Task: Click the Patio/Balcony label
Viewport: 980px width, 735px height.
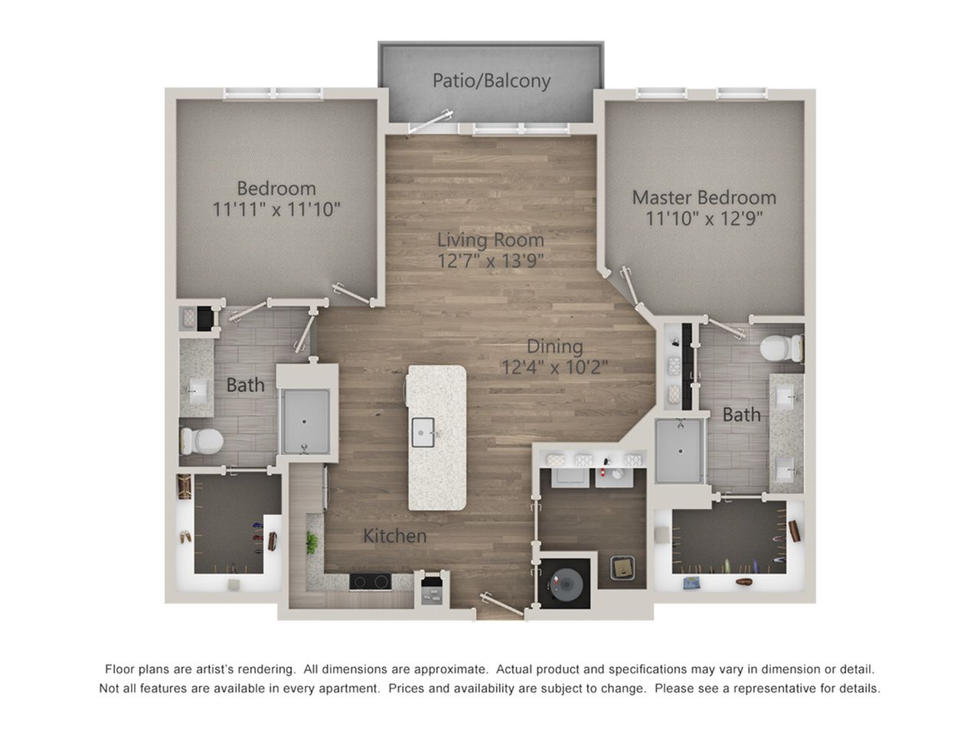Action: click(x=491, y=81)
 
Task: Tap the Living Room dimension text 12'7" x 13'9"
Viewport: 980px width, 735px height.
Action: click(x=490, y=260)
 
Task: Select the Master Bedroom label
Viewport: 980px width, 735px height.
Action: click(x=704, y=198)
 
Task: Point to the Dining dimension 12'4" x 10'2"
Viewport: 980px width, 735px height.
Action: click(x=555, y=367)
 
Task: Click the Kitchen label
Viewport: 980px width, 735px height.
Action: click(x=394, y=536)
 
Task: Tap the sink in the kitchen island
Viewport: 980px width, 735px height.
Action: click(x=423, y=432)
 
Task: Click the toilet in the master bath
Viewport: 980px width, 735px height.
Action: click(x=782, y=348)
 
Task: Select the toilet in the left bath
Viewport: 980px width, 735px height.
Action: click(x=201, y=441)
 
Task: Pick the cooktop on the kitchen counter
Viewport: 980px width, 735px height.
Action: click(x=370, y=581)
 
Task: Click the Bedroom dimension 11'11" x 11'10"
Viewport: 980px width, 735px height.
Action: click(x=276, y=209)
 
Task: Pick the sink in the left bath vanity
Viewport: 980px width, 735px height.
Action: click(x=196, y=391)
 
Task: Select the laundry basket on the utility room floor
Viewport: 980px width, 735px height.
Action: click(x=622, y=567)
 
